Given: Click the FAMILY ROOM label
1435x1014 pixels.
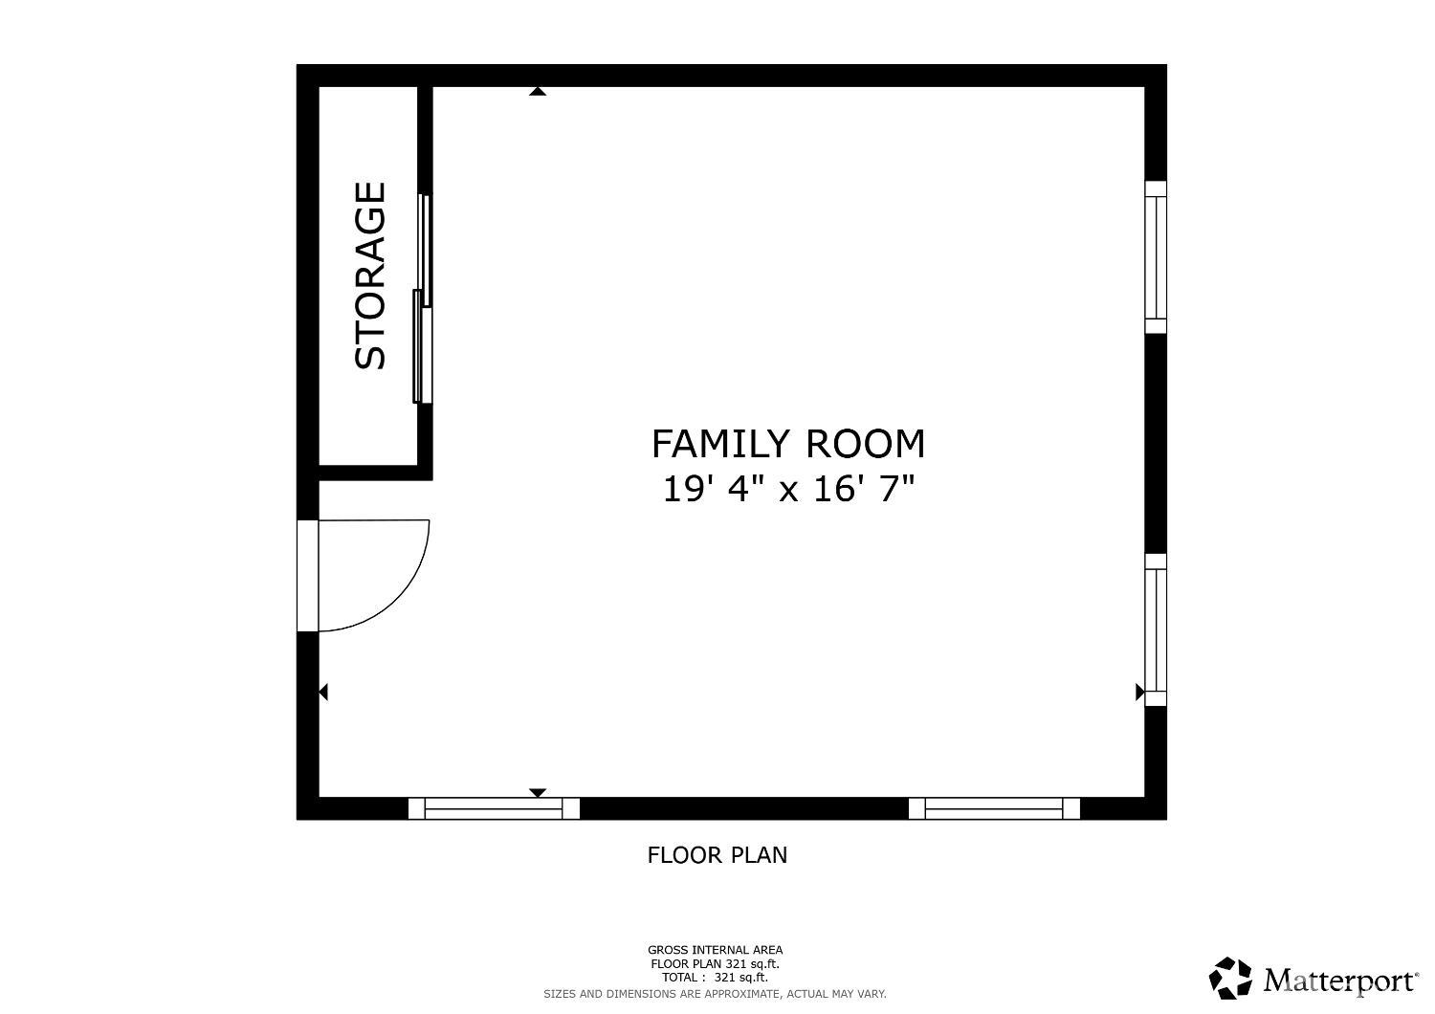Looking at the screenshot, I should [787, 444].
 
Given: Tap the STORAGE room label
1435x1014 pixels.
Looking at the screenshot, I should [371, 276].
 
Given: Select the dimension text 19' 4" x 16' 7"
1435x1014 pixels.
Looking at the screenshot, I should [787, 489].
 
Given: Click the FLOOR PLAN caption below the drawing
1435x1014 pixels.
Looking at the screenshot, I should [717, 854].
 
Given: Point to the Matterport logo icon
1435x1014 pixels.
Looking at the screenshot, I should [1230, 979].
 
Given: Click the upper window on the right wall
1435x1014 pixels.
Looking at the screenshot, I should [1156, 256].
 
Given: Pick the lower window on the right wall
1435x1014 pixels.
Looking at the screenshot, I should [1156, 629].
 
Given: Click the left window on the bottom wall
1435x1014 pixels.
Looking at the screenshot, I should [494, 808].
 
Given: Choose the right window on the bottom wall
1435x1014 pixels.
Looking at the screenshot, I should [994, 808].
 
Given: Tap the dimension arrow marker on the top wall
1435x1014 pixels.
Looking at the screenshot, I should [538, 92].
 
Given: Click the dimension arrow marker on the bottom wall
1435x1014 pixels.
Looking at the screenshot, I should [538, 792].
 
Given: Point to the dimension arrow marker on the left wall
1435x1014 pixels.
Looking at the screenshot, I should [323, 692].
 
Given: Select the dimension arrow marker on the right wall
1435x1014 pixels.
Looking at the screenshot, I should [1139, 692].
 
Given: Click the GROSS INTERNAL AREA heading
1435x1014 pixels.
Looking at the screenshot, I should [715, 950].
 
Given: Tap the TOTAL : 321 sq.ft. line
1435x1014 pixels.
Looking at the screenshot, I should [715, 978].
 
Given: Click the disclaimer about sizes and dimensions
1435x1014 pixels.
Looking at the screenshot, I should [715, 994].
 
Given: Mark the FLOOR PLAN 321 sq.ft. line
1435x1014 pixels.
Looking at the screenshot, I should [715, 964].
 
